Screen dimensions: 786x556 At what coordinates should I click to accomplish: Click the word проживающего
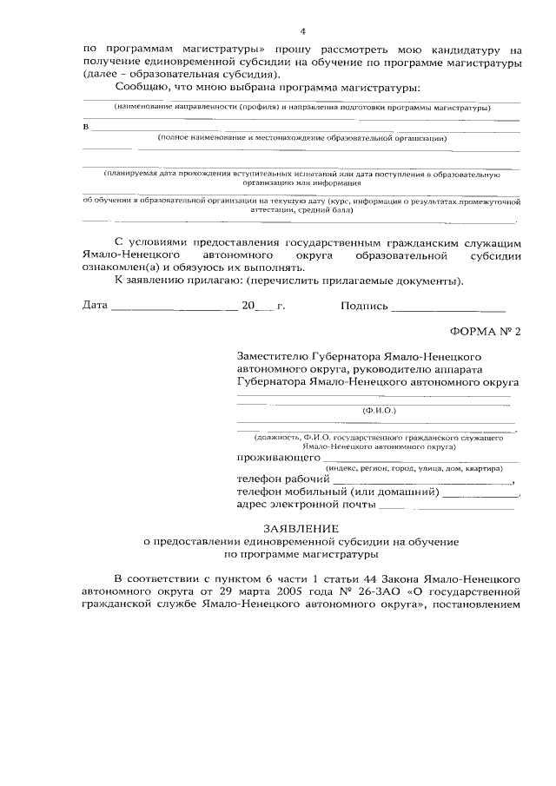tap(278, 457)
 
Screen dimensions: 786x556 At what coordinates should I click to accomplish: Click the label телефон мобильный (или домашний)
tap(338, 492)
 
